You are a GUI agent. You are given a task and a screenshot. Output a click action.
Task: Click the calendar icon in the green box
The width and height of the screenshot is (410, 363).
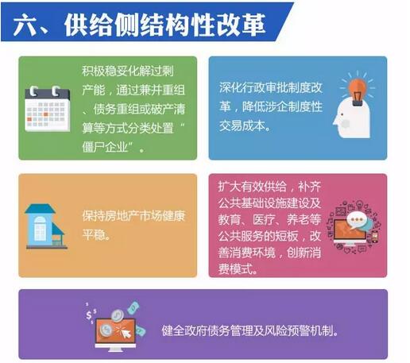47,109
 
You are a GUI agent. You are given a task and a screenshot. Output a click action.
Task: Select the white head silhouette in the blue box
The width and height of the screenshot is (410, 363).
352,118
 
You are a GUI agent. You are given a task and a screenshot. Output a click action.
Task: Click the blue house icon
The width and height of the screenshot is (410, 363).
45,226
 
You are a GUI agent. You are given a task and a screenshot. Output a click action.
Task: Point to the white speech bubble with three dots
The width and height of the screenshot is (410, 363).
356,220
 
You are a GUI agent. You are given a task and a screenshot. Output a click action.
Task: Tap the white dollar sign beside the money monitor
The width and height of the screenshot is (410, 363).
89,315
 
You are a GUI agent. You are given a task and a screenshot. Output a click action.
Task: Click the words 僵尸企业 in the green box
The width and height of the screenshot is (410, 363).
105,147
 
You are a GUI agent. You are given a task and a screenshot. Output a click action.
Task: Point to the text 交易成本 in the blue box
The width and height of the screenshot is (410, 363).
242,126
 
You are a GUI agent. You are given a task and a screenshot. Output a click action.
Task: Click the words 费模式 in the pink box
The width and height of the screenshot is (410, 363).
235,269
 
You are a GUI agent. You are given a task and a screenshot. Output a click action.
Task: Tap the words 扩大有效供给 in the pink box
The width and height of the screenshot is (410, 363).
253,187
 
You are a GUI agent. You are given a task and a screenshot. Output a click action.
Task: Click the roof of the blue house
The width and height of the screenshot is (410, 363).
41,208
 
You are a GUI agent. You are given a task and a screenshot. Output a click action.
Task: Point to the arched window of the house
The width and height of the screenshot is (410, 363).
40,228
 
